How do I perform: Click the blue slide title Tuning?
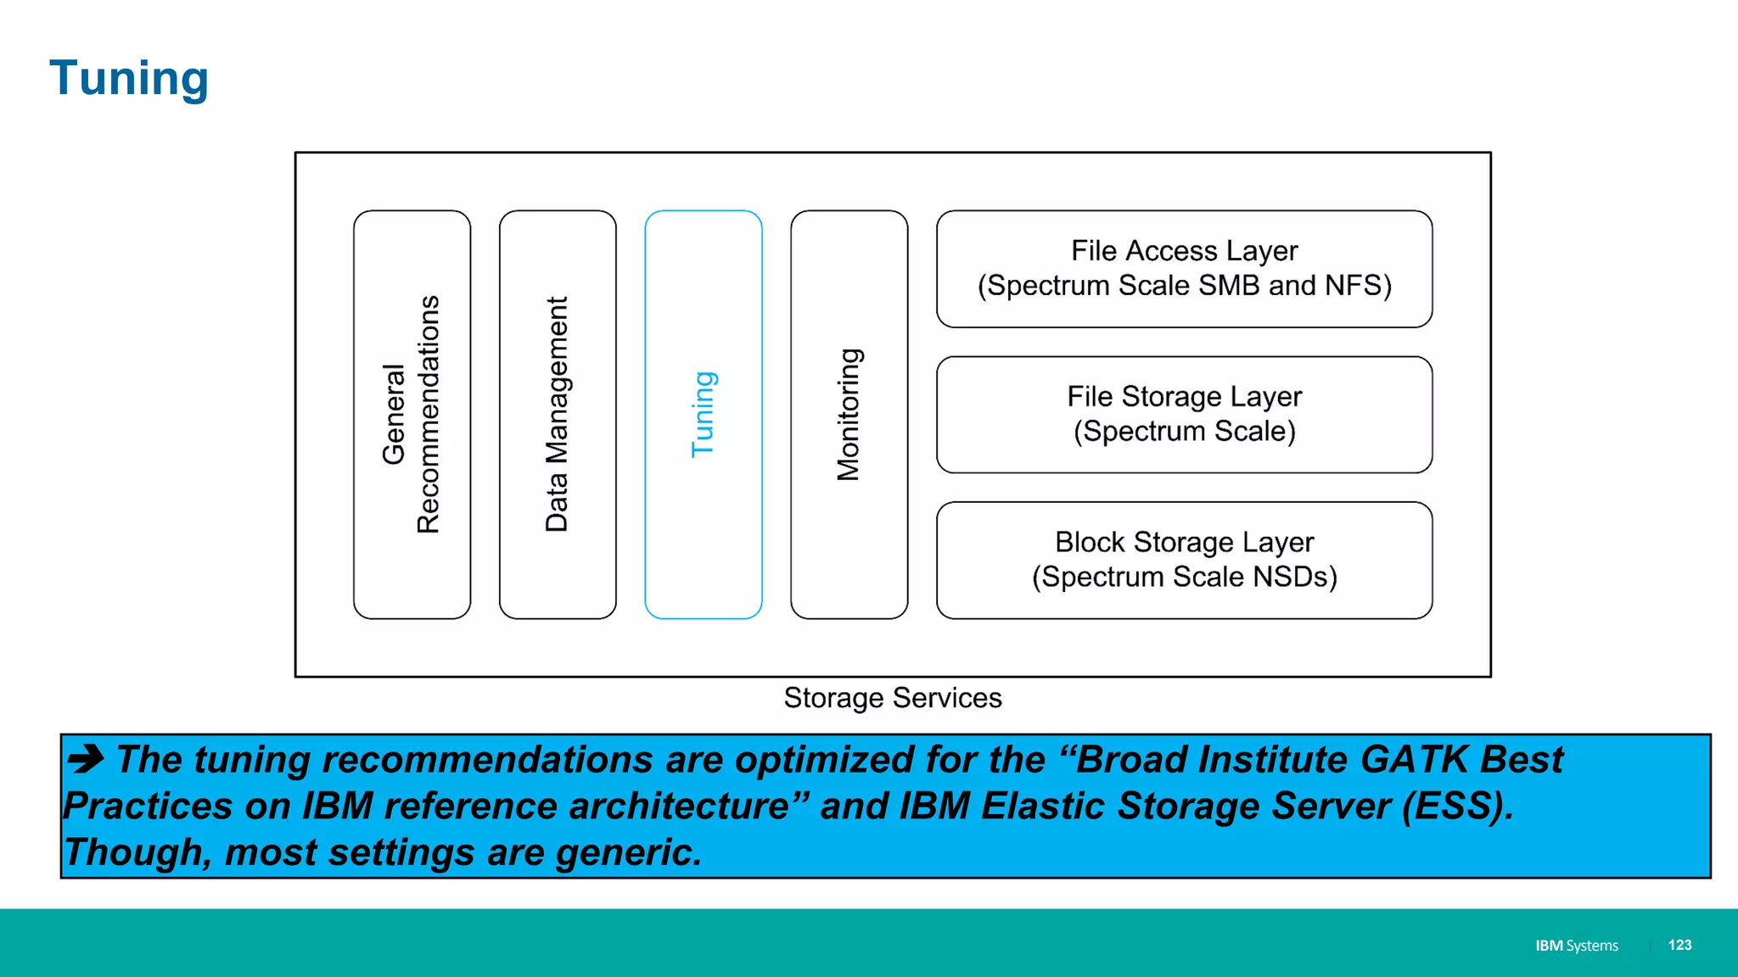click(129, 78)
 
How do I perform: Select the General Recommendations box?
click(412, 414)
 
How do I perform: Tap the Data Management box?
click(558, 414)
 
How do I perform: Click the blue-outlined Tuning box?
click(704, 414)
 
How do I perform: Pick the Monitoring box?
click(849, 414)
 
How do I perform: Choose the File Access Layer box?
click(1184, 269)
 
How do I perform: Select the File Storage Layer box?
click(1184, 414)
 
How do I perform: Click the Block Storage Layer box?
click(1184, 560)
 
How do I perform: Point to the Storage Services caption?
click(893, 698)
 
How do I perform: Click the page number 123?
click(1679, 945)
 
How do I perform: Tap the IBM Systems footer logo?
click(1576, 946)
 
